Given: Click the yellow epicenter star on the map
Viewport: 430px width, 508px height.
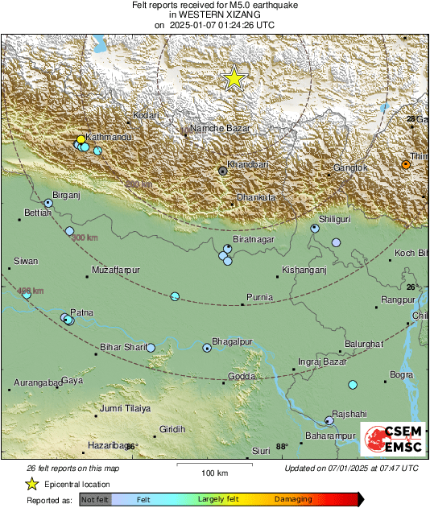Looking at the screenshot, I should point(234,78).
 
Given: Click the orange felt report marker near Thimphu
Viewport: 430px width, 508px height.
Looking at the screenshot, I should point(406,164).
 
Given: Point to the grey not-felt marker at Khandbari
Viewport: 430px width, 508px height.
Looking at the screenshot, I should point(223,171).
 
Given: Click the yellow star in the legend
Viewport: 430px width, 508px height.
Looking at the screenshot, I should point(31,484).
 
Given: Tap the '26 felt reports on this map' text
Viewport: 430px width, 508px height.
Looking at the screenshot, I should point(72,468).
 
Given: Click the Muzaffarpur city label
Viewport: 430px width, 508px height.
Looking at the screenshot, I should point(117,270).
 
